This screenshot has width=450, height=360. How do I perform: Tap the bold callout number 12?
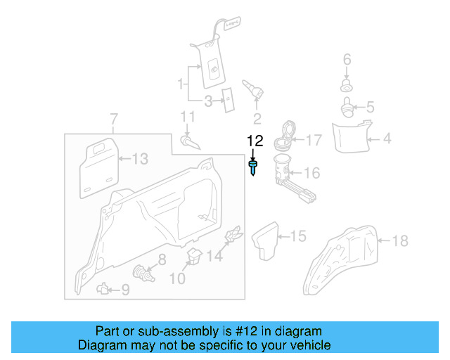(x=254, y=141)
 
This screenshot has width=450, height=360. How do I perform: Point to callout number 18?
(x=399, y=241)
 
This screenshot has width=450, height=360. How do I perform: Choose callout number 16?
(x=311, y=173)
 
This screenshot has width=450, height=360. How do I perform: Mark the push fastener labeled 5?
(x=347, y=108)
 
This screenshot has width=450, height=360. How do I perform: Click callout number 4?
(x=386, y=139)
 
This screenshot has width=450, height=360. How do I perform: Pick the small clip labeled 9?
(x=103, y=288)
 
